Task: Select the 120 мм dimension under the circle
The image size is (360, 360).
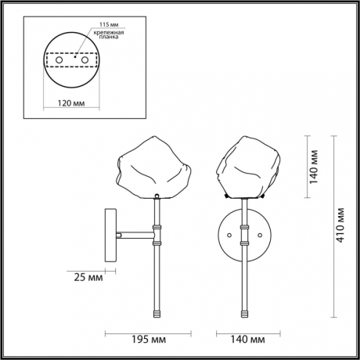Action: pos(71,103)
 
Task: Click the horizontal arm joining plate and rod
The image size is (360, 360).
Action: pos(136,232)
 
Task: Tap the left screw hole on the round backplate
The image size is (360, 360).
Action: pos(229,233)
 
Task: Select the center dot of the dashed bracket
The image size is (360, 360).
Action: pos(71,57)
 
